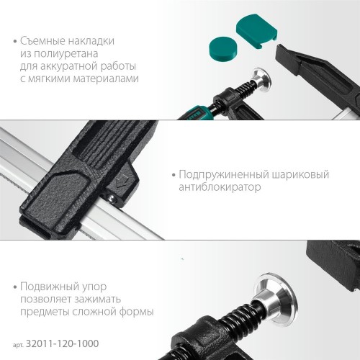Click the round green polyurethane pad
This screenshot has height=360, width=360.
223,50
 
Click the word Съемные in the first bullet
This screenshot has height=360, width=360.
42,41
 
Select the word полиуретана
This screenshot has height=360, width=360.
66,53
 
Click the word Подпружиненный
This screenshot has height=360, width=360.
224,175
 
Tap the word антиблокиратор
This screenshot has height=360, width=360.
220,187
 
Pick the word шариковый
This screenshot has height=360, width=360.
300,175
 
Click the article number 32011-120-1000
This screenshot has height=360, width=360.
62,343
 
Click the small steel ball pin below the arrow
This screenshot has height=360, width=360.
111,197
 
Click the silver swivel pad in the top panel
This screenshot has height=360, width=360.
261,81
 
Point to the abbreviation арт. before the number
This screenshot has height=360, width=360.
18,345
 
